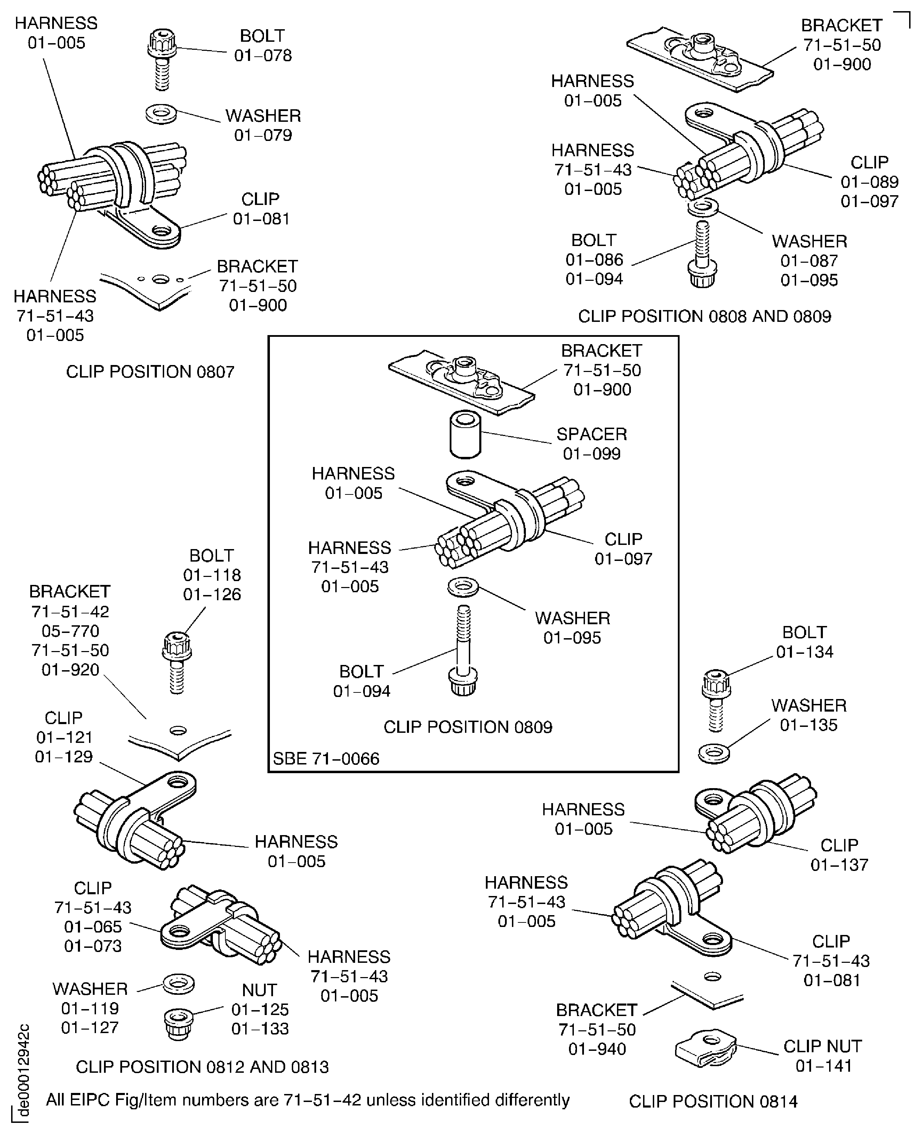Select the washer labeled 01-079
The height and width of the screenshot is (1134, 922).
161,114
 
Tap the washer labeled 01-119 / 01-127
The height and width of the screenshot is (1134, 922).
178,984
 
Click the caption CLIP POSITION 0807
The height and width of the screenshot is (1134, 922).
150,371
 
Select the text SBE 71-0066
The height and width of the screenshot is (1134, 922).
326,758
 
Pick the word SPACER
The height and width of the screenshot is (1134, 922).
591,434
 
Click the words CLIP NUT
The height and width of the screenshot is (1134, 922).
822,1046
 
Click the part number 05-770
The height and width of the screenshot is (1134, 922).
70,631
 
